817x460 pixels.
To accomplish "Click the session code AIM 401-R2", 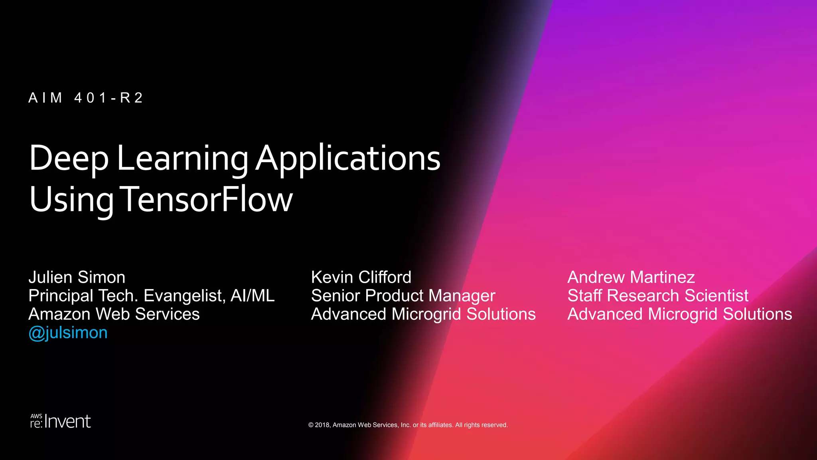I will (85, 98).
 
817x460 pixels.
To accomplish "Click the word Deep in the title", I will (69, 159).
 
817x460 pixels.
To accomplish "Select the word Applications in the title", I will (348, 159).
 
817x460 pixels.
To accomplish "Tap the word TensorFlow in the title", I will (206, 199).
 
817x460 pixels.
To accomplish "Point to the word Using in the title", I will (71, 199).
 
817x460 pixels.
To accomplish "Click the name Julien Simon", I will (77, 277).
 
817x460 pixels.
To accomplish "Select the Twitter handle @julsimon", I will (68, 333).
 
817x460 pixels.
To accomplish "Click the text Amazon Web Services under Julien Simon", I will (114, 314).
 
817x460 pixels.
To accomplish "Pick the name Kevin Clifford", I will (361, 277).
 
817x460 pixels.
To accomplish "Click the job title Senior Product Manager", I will (403, 296).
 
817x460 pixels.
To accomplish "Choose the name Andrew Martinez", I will (631, 277).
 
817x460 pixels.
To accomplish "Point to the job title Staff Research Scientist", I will (658, 296).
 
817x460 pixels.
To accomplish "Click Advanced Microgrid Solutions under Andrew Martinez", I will (680, 314).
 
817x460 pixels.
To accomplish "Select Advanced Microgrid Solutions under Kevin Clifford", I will (423, 314).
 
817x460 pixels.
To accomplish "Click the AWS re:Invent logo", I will (61, 421).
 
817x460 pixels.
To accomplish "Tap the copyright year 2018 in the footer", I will (322, 425).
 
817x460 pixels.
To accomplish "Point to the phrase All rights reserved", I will (481, 425).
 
